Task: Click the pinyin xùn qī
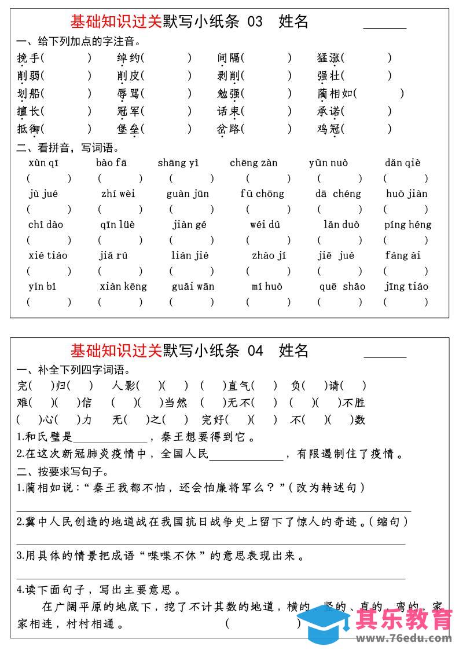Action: coord(43,163)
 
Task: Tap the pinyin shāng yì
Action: coord(178,163)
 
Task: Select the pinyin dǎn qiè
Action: coord(403,163)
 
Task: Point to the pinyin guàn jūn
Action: coord(188,193)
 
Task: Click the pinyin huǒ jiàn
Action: coord(407,193)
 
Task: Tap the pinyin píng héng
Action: coord(407,224)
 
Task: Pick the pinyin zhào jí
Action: coord(269,255)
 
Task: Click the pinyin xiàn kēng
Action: coord(123,286)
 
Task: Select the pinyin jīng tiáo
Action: coord(406,286)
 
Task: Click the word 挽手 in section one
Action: coord(28,58)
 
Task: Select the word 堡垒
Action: coord(128,129)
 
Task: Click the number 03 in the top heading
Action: coord(255,22)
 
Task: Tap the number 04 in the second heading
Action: coord(255,350)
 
